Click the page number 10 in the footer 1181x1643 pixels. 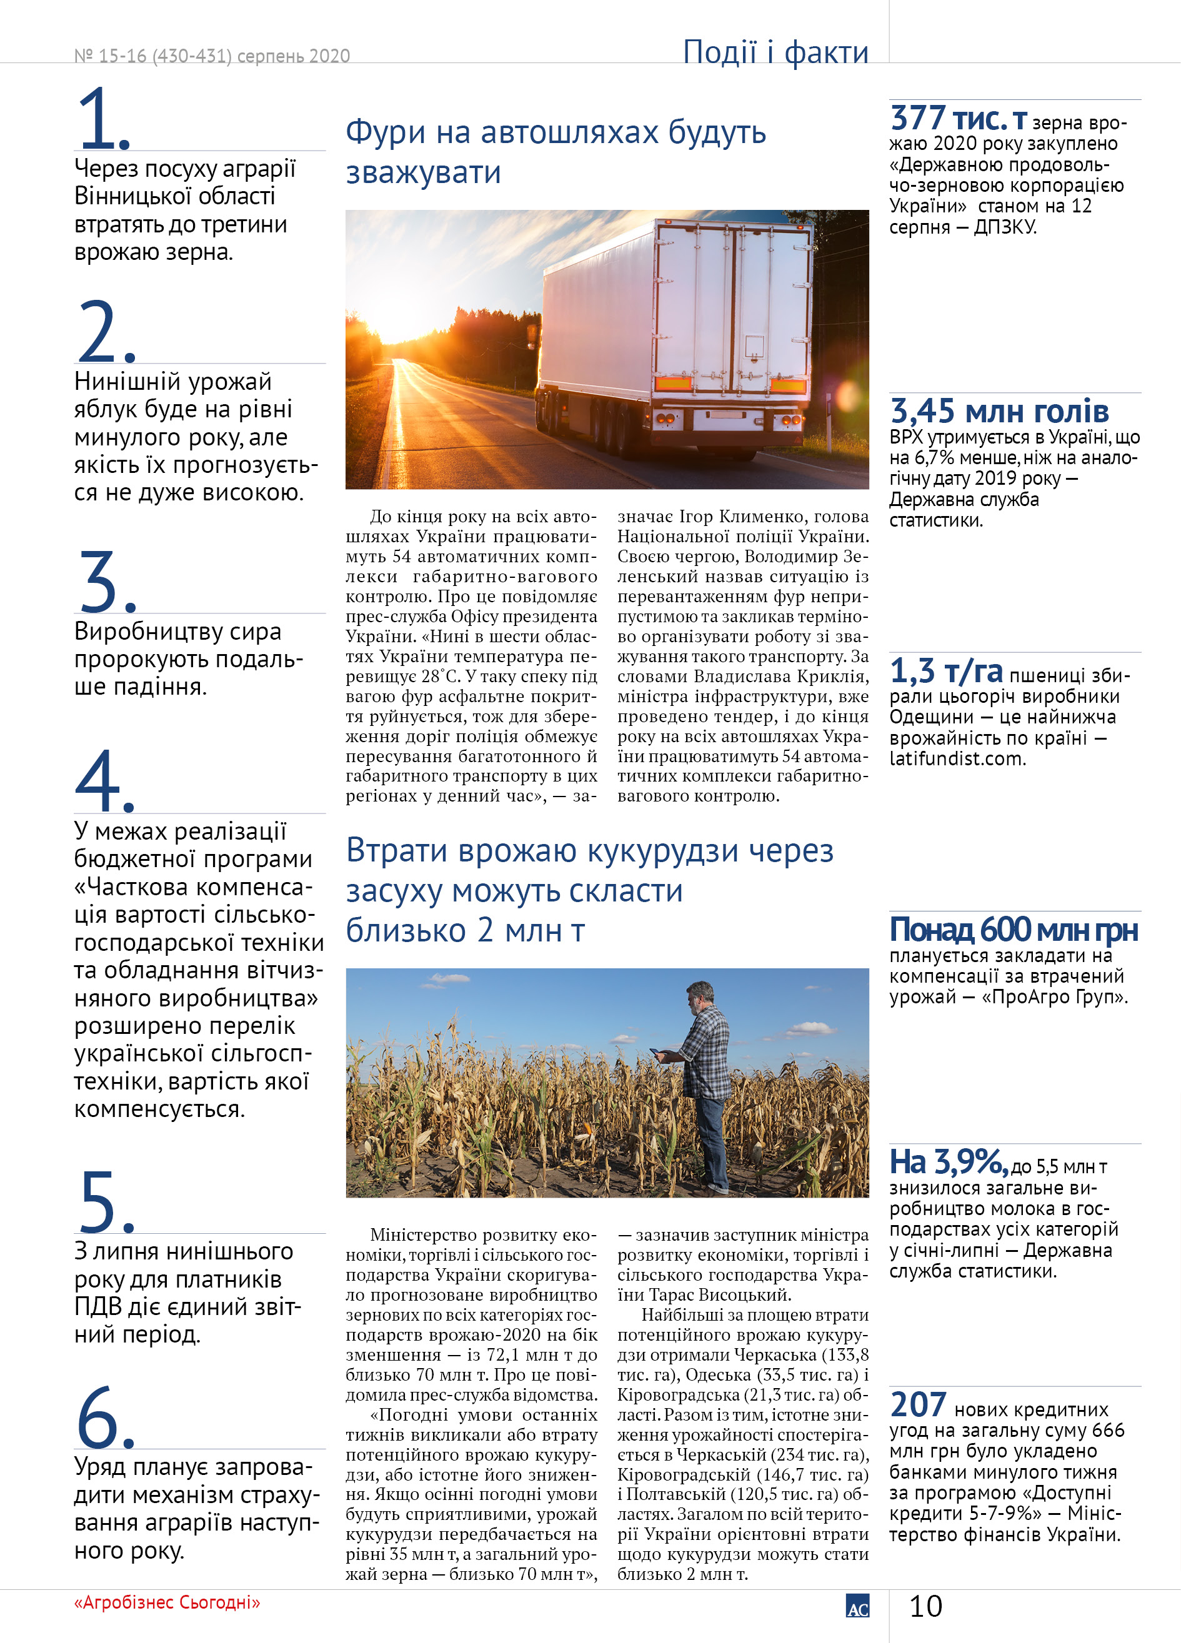[x=925, y=1607]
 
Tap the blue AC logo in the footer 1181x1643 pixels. [x=857, y=1606]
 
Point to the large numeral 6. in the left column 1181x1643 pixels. [x=105, y=1417]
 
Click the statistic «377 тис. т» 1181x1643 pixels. [x=959, y=119]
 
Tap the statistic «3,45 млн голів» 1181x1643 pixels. [x=999, y=412]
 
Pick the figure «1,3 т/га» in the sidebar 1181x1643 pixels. [x=945, y=672]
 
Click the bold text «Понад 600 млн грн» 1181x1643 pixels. [x=1013, y=930]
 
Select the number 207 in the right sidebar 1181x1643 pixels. [x=918, y=1406]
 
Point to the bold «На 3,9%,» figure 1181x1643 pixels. [x=949, y=1163]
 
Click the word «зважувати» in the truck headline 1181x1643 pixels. [x=423, y=173]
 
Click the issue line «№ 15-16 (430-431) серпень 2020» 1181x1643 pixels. [x=212, y=56]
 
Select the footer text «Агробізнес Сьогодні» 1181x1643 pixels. [x=167, y=1602]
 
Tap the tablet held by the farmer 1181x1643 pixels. [x=657, y=1053]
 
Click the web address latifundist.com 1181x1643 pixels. [x=957, y=759]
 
